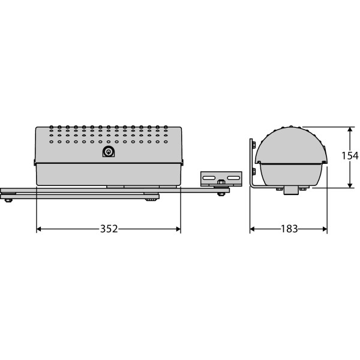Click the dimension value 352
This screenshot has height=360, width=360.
pos(109,229)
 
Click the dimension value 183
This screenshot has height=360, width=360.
pos(289,229)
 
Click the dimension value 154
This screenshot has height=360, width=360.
pos(350,156)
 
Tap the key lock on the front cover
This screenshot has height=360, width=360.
pos(109,152)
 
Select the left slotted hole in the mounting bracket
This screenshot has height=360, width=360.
pos(209,178)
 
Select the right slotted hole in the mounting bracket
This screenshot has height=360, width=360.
pos(233,178)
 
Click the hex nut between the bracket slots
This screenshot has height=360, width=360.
pos(221,182)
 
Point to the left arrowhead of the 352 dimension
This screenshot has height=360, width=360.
pos(39,229)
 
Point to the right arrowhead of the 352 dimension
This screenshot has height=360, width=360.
pos(178,229)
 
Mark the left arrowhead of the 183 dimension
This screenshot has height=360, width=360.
pos(253,229)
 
